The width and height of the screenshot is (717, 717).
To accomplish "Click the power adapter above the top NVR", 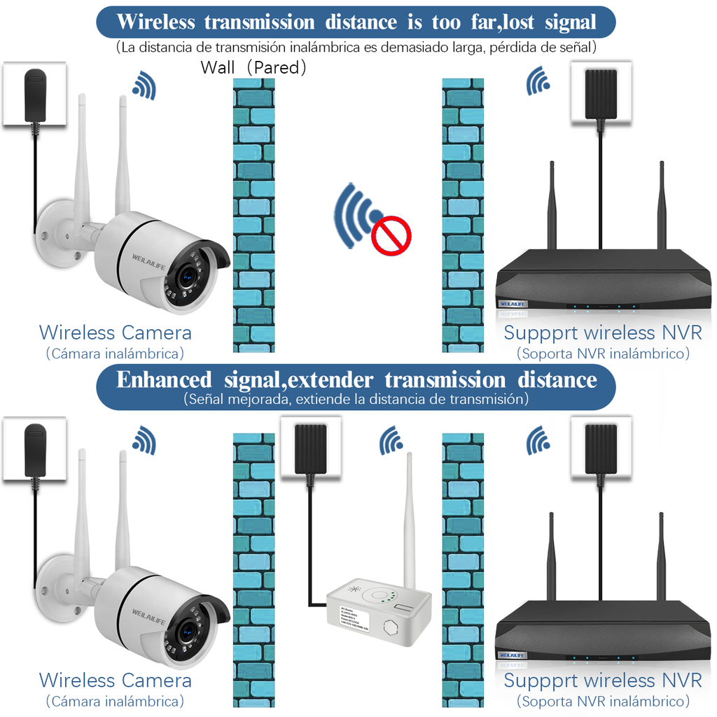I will coord(601,93).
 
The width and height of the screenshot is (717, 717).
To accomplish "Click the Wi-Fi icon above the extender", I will coord(391,440).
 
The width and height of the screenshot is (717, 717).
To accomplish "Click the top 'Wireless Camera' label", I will coord(115,332).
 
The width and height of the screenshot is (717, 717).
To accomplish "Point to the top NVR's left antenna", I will coord(552,207).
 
